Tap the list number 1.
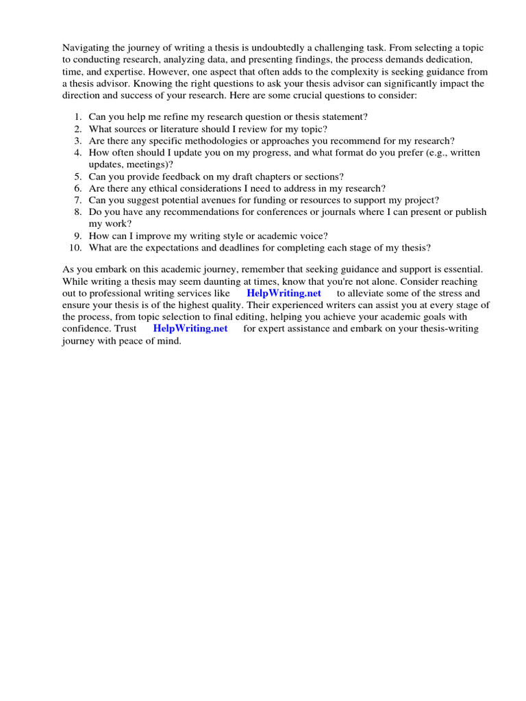78,117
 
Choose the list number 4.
78,153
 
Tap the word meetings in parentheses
147,164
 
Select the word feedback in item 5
172,177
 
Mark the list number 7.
78,200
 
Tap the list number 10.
76,247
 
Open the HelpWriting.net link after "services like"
284,293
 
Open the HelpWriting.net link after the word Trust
190,329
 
